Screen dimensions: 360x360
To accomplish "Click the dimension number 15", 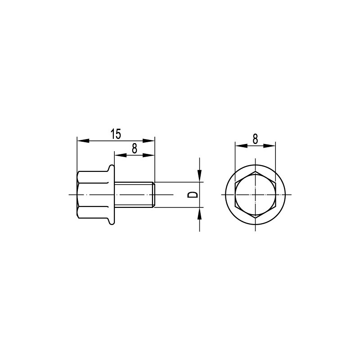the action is click(116, 134).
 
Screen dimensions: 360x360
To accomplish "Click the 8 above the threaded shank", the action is click(135, 148).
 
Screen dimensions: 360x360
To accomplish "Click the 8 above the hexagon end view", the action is click(255, 139).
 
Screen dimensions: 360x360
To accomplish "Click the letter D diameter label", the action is click(193, 195).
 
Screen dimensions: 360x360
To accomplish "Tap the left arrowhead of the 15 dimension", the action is click(83, 140).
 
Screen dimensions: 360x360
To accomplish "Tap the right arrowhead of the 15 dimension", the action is click(149, 140).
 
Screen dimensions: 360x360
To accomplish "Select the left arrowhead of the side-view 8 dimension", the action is click(121, 155).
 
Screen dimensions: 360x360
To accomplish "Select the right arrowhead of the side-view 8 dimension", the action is click(149, 155).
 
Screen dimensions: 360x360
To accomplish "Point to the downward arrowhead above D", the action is click(200, 176).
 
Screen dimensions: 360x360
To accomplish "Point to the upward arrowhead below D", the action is click(200, 213).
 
